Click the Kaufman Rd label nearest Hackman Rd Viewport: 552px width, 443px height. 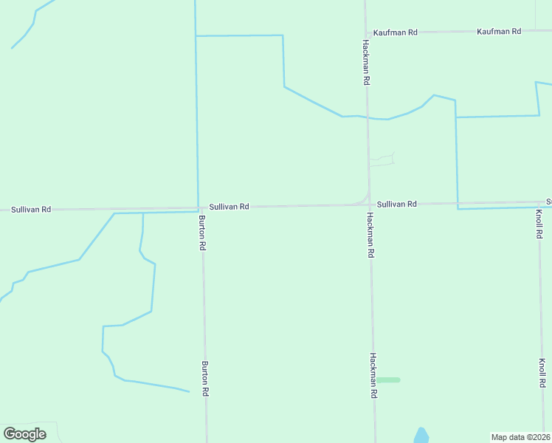click(396, 32)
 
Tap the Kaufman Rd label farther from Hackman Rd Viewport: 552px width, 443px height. click(499, 31)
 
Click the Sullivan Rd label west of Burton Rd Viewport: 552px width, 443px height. click(31, 210)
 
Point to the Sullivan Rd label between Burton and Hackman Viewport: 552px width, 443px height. click(229, 207)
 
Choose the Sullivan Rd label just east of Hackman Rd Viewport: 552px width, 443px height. click(397, 204)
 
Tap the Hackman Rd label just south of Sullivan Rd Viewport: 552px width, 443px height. click(371, 235)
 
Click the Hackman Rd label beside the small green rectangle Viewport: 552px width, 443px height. click(373, 376)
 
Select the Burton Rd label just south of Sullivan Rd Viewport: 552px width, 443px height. click(201, 233)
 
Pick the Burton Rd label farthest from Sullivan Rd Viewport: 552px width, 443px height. click(205, 380)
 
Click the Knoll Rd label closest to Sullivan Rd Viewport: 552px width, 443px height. click(539, 224)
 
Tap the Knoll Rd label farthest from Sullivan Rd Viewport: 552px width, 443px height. click(542, 373)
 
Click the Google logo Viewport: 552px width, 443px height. click(25, 434)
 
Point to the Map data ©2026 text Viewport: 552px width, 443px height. click(520, 437)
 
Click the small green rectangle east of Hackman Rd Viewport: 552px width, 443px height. click(389, 380)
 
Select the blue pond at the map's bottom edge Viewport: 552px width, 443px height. click(421, 436)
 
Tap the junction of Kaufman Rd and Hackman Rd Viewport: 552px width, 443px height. click(365, 33)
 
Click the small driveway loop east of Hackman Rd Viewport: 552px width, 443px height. click(382, 159)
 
